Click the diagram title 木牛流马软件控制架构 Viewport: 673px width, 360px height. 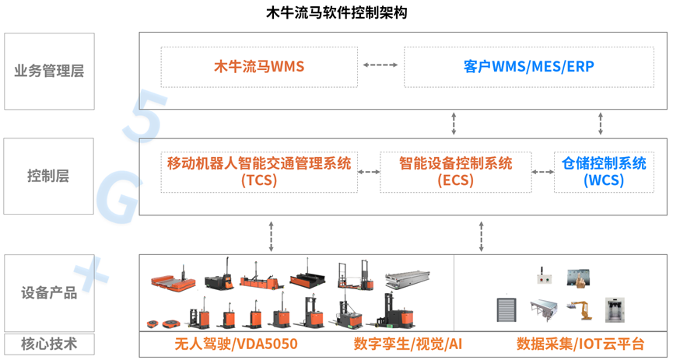click(336, 12)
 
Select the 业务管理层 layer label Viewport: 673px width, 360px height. click(49, 72)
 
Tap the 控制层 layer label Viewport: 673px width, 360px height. click(49, 177)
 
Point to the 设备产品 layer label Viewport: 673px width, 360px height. click(49, 293)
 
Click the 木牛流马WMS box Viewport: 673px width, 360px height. click(259, 67)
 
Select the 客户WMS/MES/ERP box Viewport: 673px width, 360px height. click(528, 67)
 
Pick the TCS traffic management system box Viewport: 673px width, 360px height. click(259, 172)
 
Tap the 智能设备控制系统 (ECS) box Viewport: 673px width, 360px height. click(455, 172)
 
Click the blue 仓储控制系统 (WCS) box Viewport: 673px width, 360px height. click(604, 172)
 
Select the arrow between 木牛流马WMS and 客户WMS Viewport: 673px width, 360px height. click(380, 65)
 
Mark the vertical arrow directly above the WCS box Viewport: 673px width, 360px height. click(601, 123)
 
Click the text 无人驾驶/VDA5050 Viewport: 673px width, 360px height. click(235, 344)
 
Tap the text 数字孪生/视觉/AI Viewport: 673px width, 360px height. click(408, 344)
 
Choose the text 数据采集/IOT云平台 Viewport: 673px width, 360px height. click(580, 344)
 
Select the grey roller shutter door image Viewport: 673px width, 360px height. click(507, 310)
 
